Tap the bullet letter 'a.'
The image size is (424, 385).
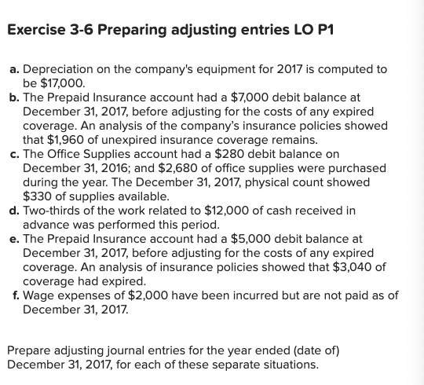13,68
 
